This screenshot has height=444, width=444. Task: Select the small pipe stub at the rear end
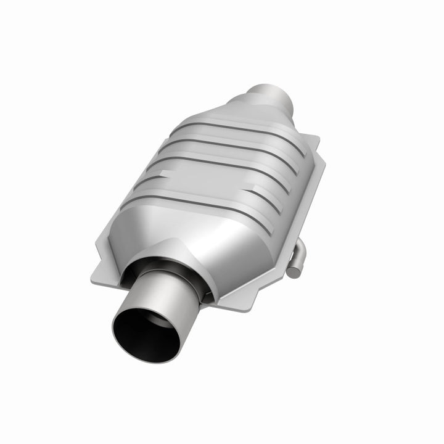tap(266, 97)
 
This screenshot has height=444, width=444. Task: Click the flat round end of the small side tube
tap(293, 269)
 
